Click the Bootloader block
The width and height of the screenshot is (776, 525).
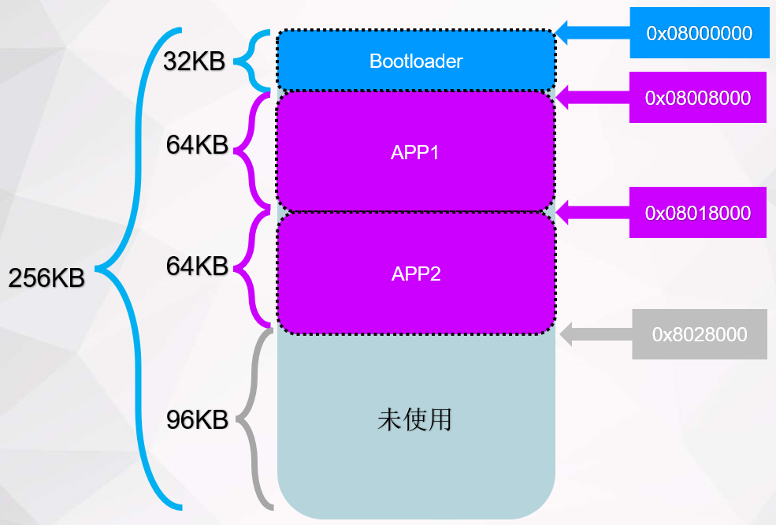416,61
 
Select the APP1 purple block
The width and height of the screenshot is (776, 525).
415,152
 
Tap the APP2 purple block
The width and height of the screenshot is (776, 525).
415,274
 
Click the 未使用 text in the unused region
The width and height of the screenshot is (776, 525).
415,419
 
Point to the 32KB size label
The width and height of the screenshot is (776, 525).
194,61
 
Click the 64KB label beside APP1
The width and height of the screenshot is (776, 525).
197,145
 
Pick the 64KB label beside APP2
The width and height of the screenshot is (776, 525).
197,266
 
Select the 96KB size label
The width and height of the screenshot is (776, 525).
197,420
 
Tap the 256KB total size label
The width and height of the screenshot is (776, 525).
46,277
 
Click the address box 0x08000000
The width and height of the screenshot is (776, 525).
699,33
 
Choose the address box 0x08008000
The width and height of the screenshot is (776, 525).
697,98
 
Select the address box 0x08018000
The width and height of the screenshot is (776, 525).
697,213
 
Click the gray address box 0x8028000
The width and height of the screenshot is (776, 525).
699,334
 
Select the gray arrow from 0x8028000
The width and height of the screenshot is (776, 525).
596,334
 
